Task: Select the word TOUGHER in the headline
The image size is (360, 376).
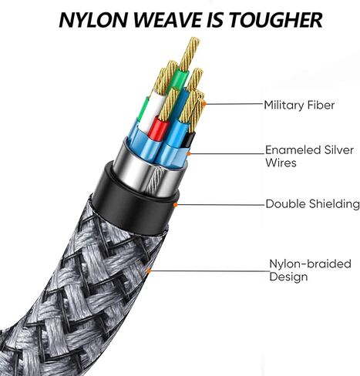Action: tap(277, 20)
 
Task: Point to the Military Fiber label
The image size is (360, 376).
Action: tap(299, 106)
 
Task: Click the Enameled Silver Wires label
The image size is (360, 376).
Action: tap(309, 156)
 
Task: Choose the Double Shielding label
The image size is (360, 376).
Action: tap(312, 204)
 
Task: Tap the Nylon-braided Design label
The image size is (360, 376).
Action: tap(310, 270)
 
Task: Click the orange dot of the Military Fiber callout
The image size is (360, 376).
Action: tap(204, 104)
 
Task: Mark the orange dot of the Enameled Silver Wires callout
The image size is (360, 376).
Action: tap(188, 154)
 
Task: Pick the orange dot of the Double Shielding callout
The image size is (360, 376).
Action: tap(176, 205)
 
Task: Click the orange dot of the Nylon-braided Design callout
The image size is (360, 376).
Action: tap(148, 270)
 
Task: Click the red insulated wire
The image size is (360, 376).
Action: tap(160, 129)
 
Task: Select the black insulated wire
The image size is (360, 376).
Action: tap(190, 139)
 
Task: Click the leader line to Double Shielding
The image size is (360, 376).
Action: tap(221, 205)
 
